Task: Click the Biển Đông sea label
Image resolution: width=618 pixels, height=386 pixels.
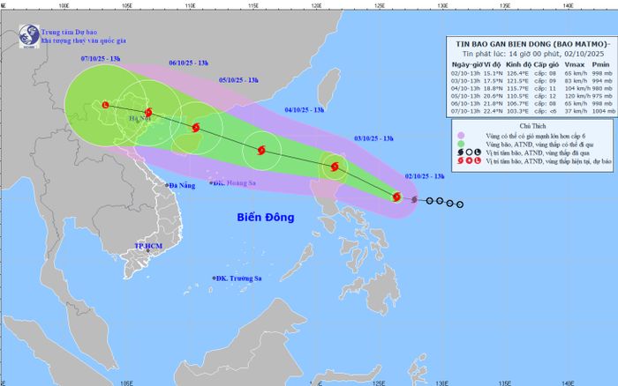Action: pyautogui.click(x=266, y=218)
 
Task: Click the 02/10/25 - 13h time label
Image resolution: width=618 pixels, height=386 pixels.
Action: pyautogui.click(x=425, y=175)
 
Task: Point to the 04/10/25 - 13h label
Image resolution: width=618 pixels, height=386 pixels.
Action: pyautogui.click(x=305, y=110)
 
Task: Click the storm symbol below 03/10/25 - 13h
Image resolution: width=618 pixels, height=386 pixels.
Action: pyautogui.click(x=334, y=167)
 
